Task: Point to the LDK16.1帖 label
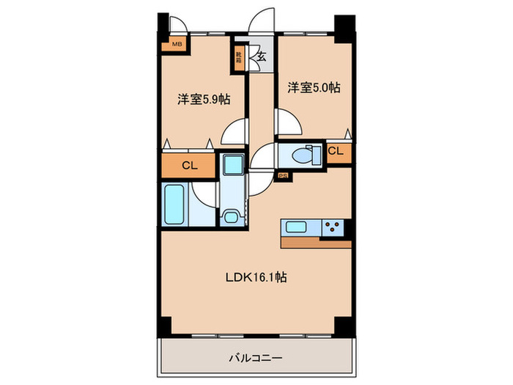(254, 278)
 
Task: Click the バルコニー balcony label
(256, 359)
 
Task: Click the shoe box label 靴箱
(240, 55)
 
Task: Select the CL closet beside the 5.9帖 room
(189, 166)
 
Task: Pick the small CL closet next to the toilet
(336, 151)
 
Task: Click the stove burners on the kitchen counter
(333, 227)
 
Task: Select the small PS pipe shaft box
(282, 176)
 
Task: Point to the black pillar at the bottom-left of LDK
(164, 326)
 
